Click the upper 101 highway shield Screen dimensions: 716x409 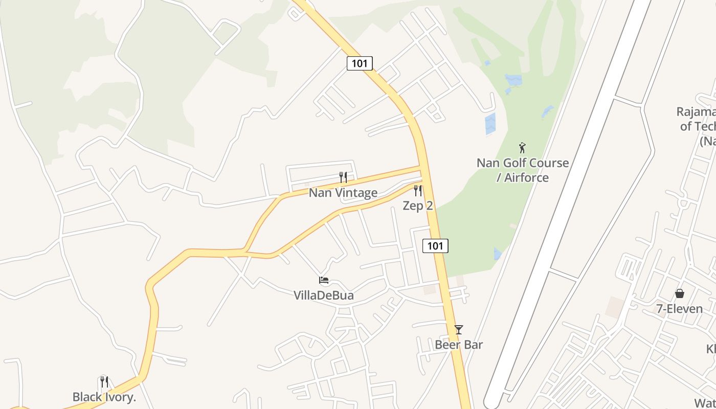coord(360,63)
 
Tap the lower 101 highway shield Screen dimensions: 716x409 coord(435,246)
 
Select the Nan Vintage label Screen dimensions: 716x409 coord(343,193)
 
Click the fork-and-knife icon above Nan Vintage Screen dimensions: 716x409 coord(343,177)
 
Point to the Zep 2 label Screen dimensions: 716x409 coord(418,206)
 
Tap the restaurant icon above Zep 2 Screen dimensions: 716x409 coord(418,191)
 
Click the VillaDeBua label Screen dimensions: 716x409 coord(323,295)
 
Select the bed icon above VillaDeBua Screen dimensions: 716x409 coord(323,280)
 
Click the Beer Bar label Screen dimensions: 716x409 coord(459,345)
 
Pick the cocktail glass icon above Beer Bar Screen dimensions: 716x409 coord(459,330)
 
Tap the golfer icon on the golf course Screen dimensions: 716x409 coord(522,148)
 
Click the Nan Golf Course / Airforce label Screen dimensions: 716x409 coord(523,170)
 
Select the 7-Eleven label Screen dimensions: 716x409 coord(680,308)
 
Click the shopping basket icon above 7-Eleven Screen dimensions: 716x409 coord(680,293)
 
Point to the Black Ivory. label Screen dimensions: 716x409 coord(104,397)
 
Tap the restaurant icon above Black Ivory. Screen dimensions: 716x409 coord(104,381)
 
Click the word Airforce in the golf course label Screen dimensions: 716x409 coord(526,178)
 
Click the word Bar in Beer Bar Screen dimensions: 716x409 coord(473,345)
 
